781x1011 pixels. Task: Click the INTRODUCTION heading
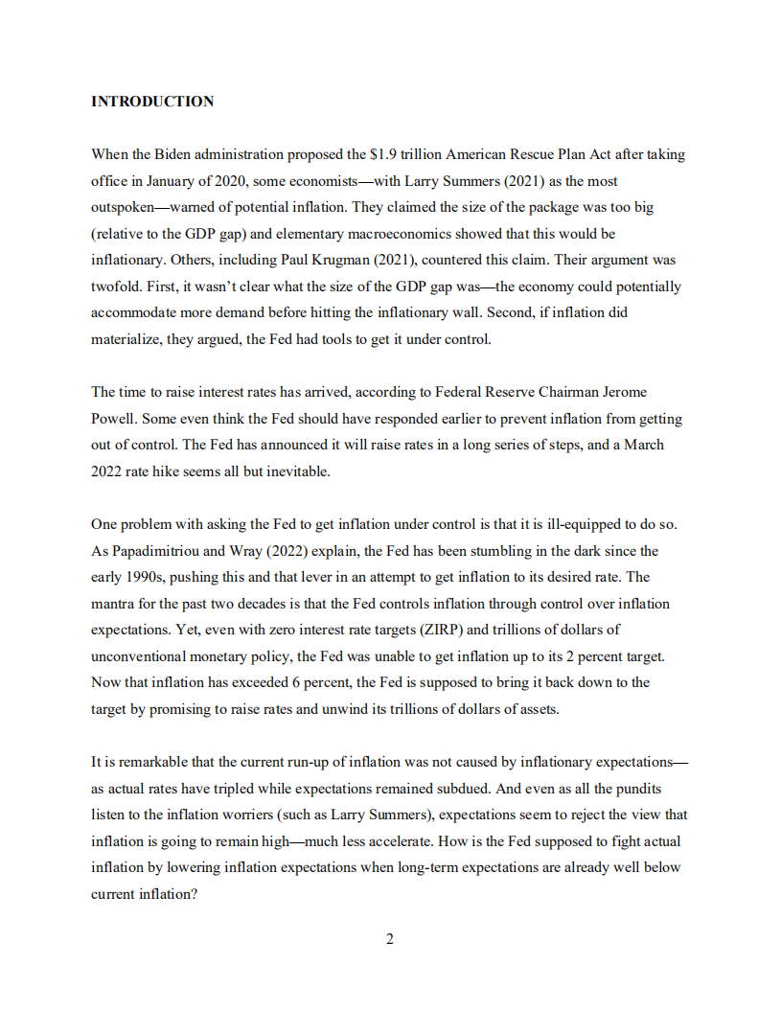click(x=152, y=102)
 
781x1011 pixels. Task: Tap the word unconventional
click(x=140, y=656)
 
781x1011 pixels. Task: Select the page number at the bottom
click(x=390, y=939)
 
